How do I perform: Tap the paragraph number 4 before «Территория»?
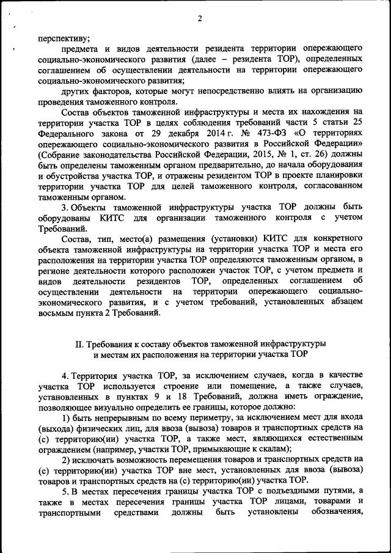65,375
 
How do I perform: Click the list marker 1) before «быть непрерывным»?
67,417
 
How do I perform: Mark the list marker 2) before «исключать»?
67,459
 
